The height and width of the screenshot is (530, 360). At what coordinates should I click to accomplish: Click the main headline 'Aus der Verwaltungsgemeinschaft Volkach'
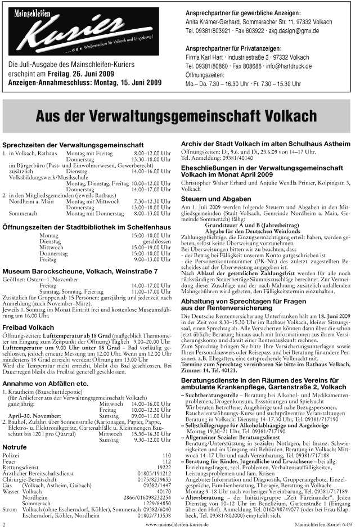pyautogui.click(x=180, y=116)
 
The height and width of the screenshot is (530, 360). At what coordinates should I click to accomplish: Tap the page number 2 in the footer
pyautogui.click(x=4, y=524)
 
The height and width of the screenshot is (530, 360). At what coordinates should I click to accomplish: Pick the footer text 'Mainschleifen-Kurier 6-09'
pyautogui.click(x=327, y=524)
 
